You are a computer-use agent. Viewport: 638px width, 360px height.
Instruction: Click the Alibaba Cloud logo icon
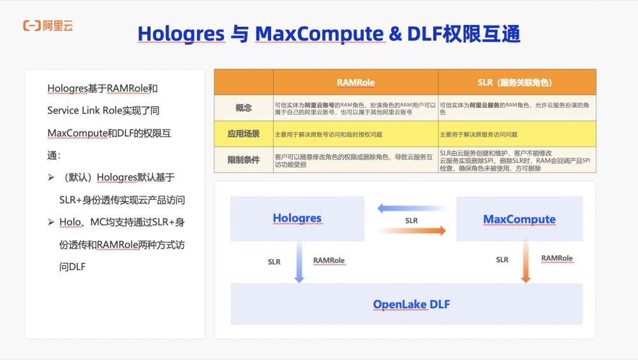pos(31,26)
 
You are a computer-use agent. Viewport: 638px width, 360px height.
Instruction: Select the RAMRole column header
pos(355,82)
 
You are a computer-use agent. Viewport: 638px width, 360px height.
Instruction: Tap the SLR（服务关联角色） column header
pos(517,82)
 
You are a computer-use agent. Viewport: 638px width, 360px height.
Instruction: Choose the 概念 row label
pos(244,108)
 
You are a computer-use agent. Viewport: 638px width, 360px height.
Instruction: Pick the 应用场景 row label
pos(244,134)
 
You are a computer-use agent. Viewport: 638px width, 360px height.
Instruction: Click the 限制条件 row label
pos(244,160)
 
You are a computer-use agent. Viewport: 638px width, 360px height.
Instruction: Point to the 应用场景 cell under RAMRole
pos(355,135)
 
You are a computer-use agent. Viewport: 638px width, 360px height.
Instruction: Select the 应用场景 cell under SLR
pos(517,135)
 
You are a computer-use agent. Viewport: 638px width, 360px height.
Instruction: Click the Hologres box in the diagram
pos(297,218)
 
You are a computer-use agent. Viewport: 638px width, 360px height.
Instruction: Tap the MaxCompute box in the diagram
pos(519,219)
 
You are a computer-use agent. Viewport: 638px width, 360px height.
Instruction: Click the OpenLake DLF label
pos(411,304)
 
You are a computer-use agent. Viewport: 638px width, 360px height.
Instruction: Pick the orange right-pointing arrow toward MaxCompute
pos(412,231)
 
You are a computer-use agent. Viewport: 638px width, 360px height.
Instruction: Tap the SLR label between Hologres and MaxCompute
pos(412,220)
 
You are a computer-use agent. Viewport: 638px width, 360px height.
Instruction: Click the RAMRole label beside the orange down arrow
pos(557,259)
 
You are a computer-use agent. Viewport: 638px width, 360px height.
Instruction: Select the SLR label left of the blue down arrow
pos(274,261)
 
